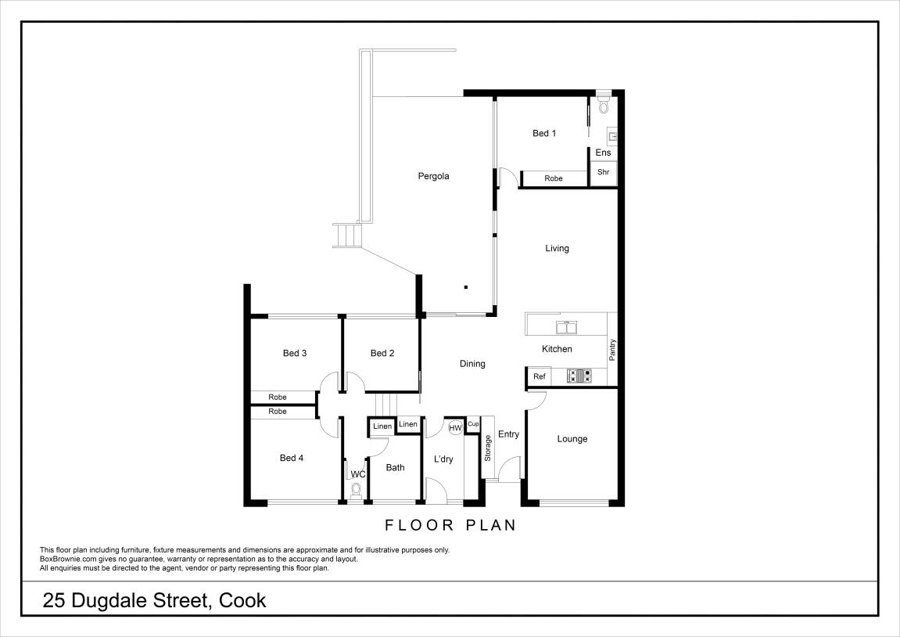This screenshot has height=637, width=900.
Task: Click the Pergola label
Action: [433, 176]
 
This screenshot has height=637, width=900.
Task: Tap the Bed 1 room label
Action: [544, 134]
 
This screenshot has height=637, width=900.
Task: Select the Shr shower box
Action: [603, 172]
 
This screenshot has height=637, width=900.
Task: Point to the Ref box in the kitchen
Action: [539, 376]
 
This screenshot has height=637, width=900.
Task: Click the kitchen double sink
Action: [564, 326]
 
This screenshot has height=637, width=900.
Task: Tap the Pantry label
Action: [612, 349]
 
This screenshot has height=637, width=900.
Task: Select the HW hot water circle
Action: [455, 427]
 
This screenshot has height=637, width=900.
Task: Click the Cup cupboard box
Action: [473, 424]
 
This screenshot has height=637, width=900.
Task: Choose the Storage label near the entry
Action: [488, 448]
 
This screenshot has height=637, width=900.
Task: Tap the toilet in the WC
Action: [357, 490]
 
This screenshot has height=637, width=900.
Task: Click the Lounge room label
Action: [572, 439]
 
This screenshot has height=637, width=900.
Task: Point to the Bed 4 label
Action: [292, 458]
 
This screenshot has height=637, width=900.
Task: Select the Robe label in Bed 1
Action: [554, 179]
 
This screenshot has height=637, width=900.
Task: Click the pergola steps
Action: [348, 236]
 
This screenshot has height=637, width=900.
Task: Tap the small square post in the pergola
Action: [466, 286]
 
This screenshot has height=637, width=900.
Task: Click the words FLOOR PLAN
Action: [450, 525]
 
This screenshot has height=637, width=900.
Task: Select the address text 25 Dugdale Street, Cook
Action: [155, 601]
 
